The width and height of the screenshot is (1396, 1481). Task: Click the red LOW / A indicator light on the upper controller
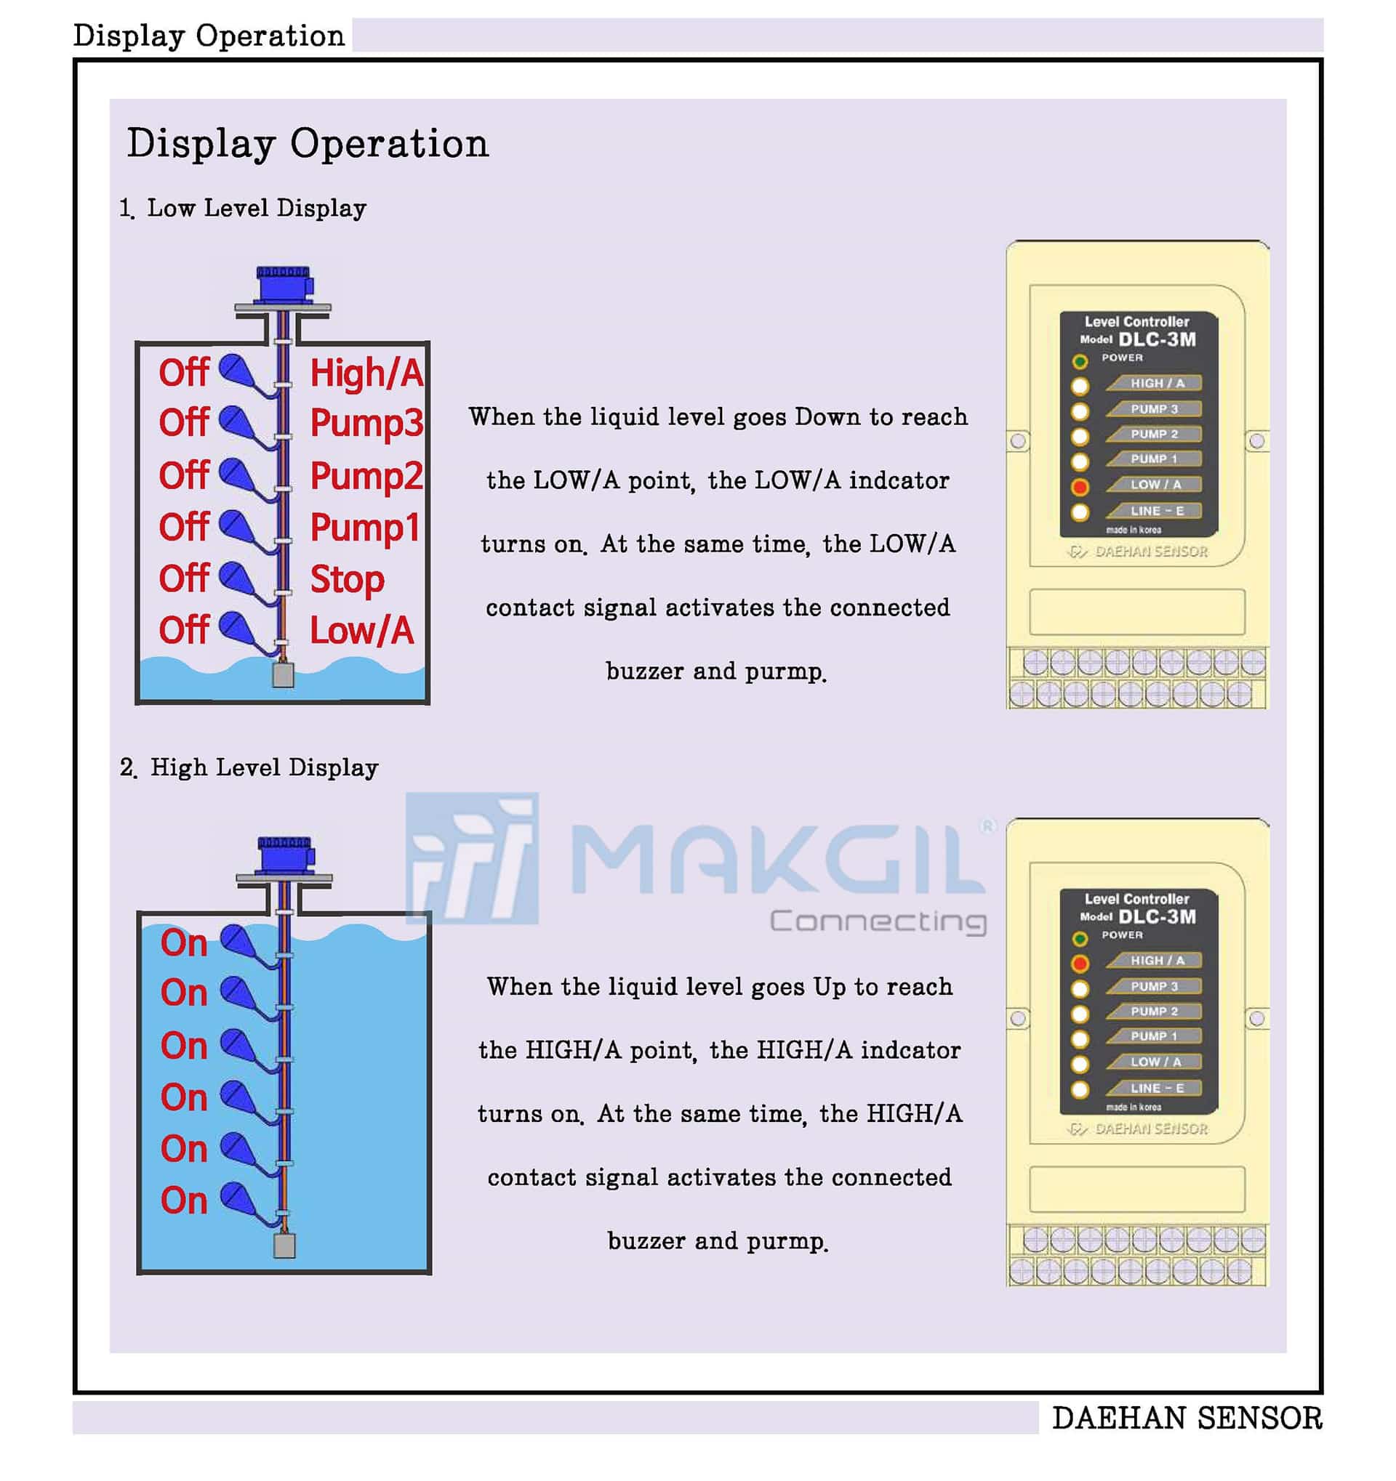point(1079,487)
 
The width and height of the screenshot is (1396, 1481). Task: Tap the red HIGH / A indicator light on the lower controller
point(1079,964)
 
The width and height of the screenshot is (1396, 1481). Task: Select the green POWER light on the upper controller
point(1079,362)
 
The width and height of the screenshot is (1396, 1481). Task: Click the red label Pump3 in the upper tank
point(366,423)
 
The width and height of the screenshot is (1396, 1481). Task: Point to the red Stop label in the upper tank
point(348,579)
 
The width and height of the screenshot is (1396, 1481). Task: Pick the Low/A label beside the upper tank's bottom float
point(361,630)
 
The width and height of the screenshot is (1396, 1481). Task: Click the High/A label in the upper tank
point(366,373)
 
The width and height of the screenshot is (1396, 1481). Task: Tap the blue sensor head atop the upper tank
point(284,284)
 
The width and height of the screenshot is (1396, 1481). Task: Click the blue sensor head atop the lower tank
point(286,854)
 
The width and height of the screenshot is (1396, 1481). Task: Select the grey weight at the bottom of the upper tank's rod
point(284,674)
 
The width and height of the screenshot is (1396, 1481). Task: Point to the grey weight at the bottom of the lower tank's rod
point(284,1245)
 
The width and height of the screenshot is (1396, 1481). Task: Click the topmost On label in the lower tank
point(184,943)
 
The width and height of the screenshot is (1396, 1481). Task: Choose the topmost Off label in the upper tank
point(183,372)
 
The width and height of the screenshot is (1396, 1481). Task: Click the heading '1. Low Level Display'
point(243,208)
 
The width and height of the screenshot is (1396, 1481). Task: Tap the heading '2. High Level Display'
point(249,767)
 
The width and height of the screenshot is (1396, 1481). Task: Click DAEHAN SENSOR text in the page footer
point(1187,1418)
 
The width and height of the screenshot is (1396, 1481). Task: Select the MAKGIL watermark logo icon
point(472,858)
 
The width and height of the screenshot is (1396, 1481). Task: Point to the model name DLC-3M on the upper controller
point(1157,339)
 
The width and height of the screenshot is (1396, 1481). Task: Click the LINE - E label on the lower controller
point(1157,1089)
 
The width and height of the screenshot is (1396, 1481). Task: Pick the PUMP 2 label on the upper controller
point(1155,435)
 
